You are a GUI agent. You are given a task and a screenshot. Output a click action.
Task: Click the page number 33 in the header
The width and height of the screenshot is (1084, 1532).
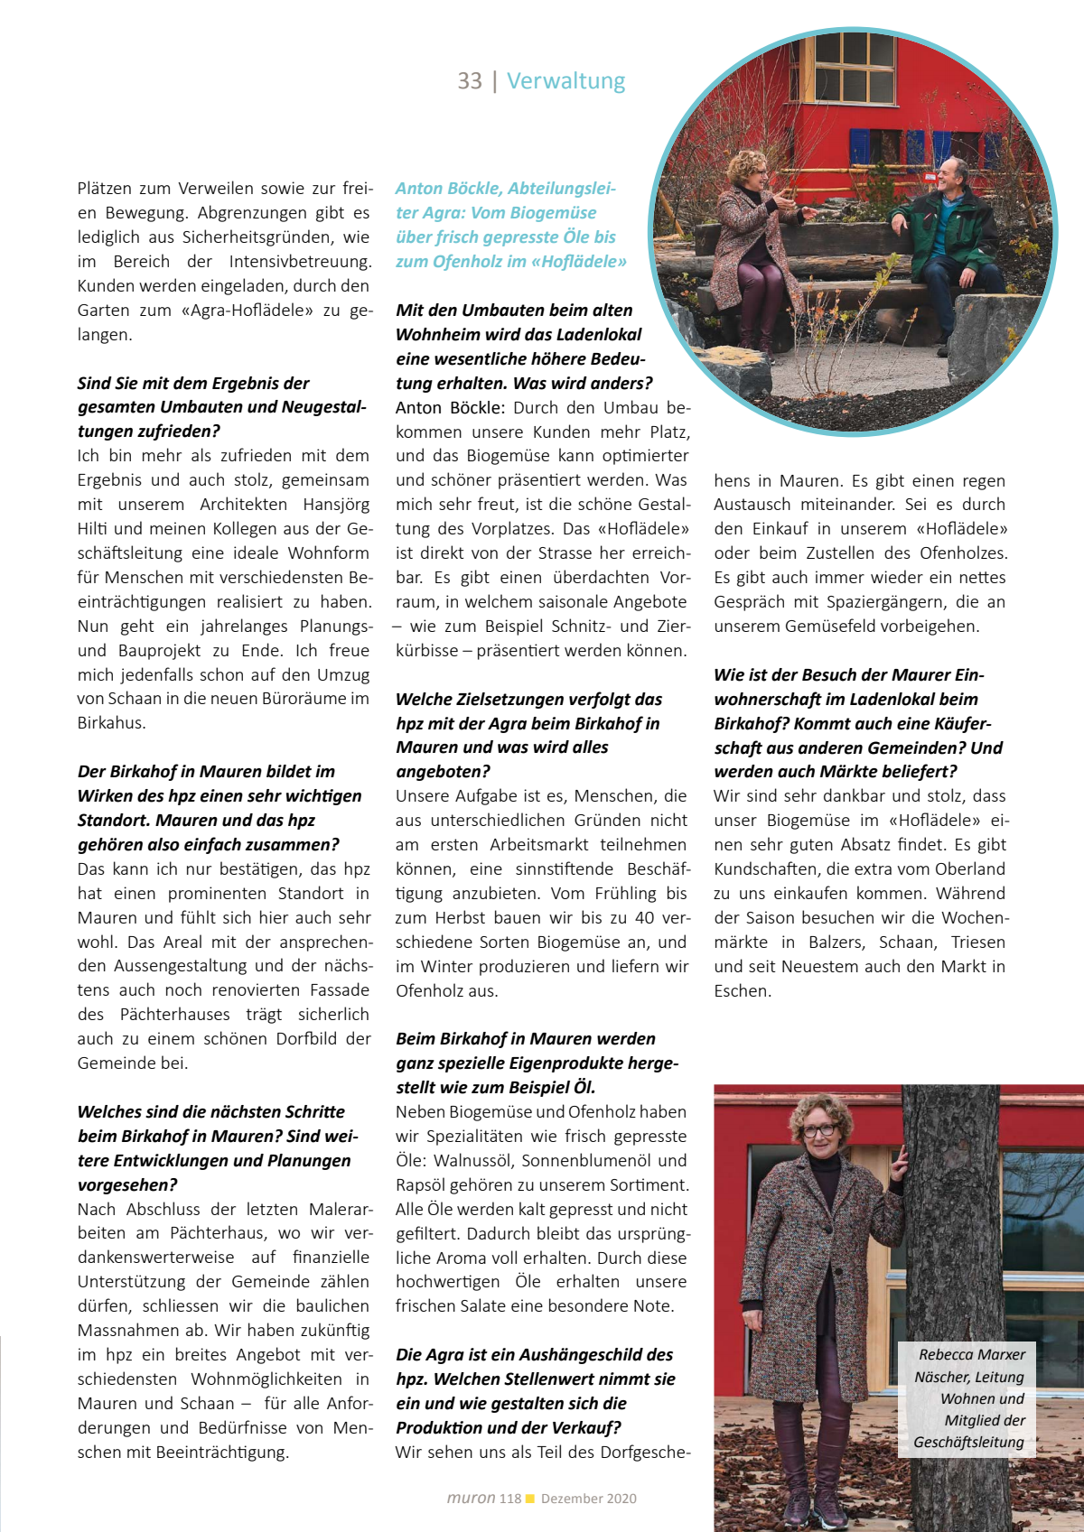[470, 81]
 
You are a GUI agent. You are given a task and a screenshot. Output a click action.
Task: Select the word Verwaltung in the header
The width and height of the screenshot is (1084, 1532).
[565, 81]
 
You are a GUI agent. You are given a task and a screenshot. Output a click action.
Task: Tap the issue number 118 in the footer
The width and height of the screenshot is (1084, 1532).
[510, 1499]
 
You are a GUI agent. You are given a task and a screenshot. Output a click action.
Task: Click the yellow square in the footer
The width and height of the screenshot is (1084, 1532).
[530, 1499]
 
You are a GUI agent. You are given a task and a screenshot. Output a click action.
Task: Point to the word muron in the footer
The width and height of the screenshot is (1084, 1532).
[471, 1499]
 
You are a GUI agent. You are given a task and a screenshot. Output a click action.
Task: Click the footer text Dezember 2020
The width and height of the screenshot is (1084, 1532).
[589, 1499]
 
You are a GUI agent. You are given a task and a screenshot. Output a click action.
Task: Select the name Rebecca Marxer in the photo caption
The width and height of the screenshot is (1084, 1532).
[972, 1354]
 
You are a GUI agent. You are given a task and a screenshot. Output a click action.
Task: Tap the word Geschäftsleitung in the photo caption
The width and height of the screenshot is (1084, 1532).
[968, 1442]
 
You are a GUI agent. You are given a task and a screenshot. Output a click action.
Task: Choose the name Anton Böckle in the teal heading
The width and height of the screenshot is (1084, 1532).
[448, 189]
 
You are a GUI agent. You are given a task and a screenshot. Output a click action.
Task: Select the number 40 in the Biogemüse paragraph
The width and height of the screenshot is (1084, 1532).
[644, 918]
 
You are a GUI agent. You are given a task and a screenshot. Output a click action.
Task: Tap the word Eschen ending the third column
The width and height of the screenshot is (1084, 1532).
[743, 991]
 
